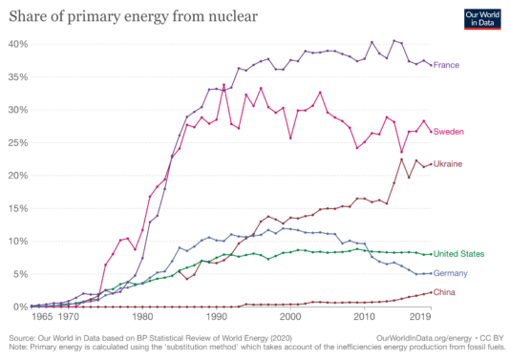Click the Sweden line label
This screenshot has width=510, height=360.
pyautogui.click(x=450, y=132)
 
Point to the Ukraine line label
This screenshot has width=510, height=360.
pyautogui.click(x=449, y=164)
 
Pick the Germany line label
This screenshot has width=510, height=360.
pyautogui.click(x=452, y=273)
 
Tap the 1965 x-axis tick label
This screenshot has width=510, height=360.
pyautogui.click(x=41, y=314)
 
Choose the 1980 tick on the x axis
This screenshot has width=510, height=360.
pyautogui.click(x=142, y=314)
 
